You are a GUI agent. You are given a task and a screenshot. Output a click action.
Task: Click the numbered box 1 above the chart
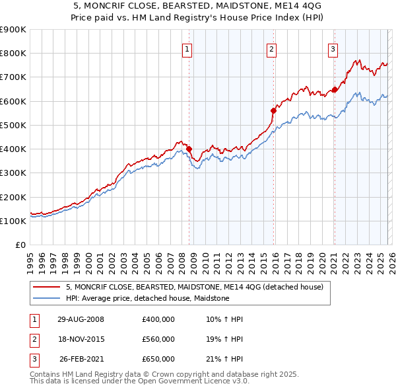pyautogui.click(x=187, y=49)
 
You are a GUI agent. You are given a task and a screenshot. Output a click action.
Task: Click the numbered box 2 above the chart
pyautogui.click(x=271, y=49)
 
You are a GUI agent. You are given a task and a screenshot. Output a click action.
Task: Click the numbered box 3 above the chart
pyautogui.click(x=333, y=49)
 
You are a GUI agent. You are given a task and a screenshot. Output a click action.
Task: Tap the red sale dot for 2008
pyautogui.click(x=189, y=149)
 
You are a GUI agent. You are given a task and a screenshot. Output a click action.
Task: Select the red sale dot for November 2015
pyautogui.click(x=273, y=111)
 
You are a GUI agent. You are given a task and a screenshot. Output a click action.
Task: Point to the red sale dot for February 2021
pyautogui.click(x=335, y=90)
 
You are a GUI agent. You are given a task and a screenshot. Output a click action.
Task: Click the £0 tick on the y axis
pyautogui.click(x=21, y=245)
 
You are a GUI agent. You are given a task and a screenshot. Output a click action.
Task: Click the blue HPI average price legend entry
pyautogui.click(x=147, y=299)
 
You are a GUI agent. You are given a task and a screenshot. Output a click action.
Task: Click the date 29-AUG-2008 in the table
pyautogui.click(x=81, y=319)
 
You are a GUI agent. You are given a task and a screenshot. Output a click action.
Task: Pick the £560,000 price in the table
pyautogui.click(x=158, y=339)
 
